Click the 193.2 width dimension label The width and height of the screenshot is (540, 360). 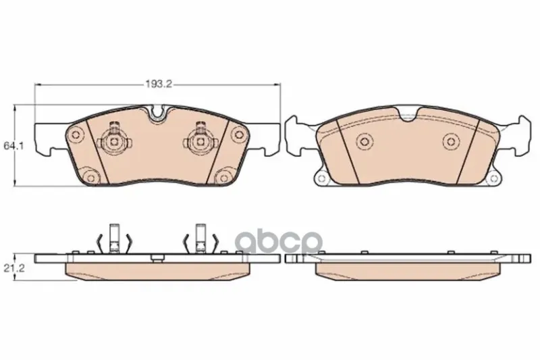tap(159, 84)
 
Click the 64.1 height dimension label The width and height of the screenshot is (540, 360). tap(13, 146)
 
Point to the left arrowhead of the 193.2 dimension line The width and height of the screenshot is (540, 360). tap(38, 84)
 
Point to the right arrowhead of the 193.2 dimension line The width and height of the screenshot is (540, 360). tap(277, 84)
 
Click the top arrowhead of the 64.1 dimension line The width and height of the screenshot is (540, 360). tap(14, 109)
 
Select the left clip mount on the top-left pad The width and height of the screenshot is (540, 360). tap(113, 138)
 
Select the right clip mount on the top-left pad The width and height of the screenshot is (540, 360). tap(200, 138)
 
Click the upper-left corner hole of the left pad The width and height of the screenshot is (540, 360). tap(75, 134)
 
